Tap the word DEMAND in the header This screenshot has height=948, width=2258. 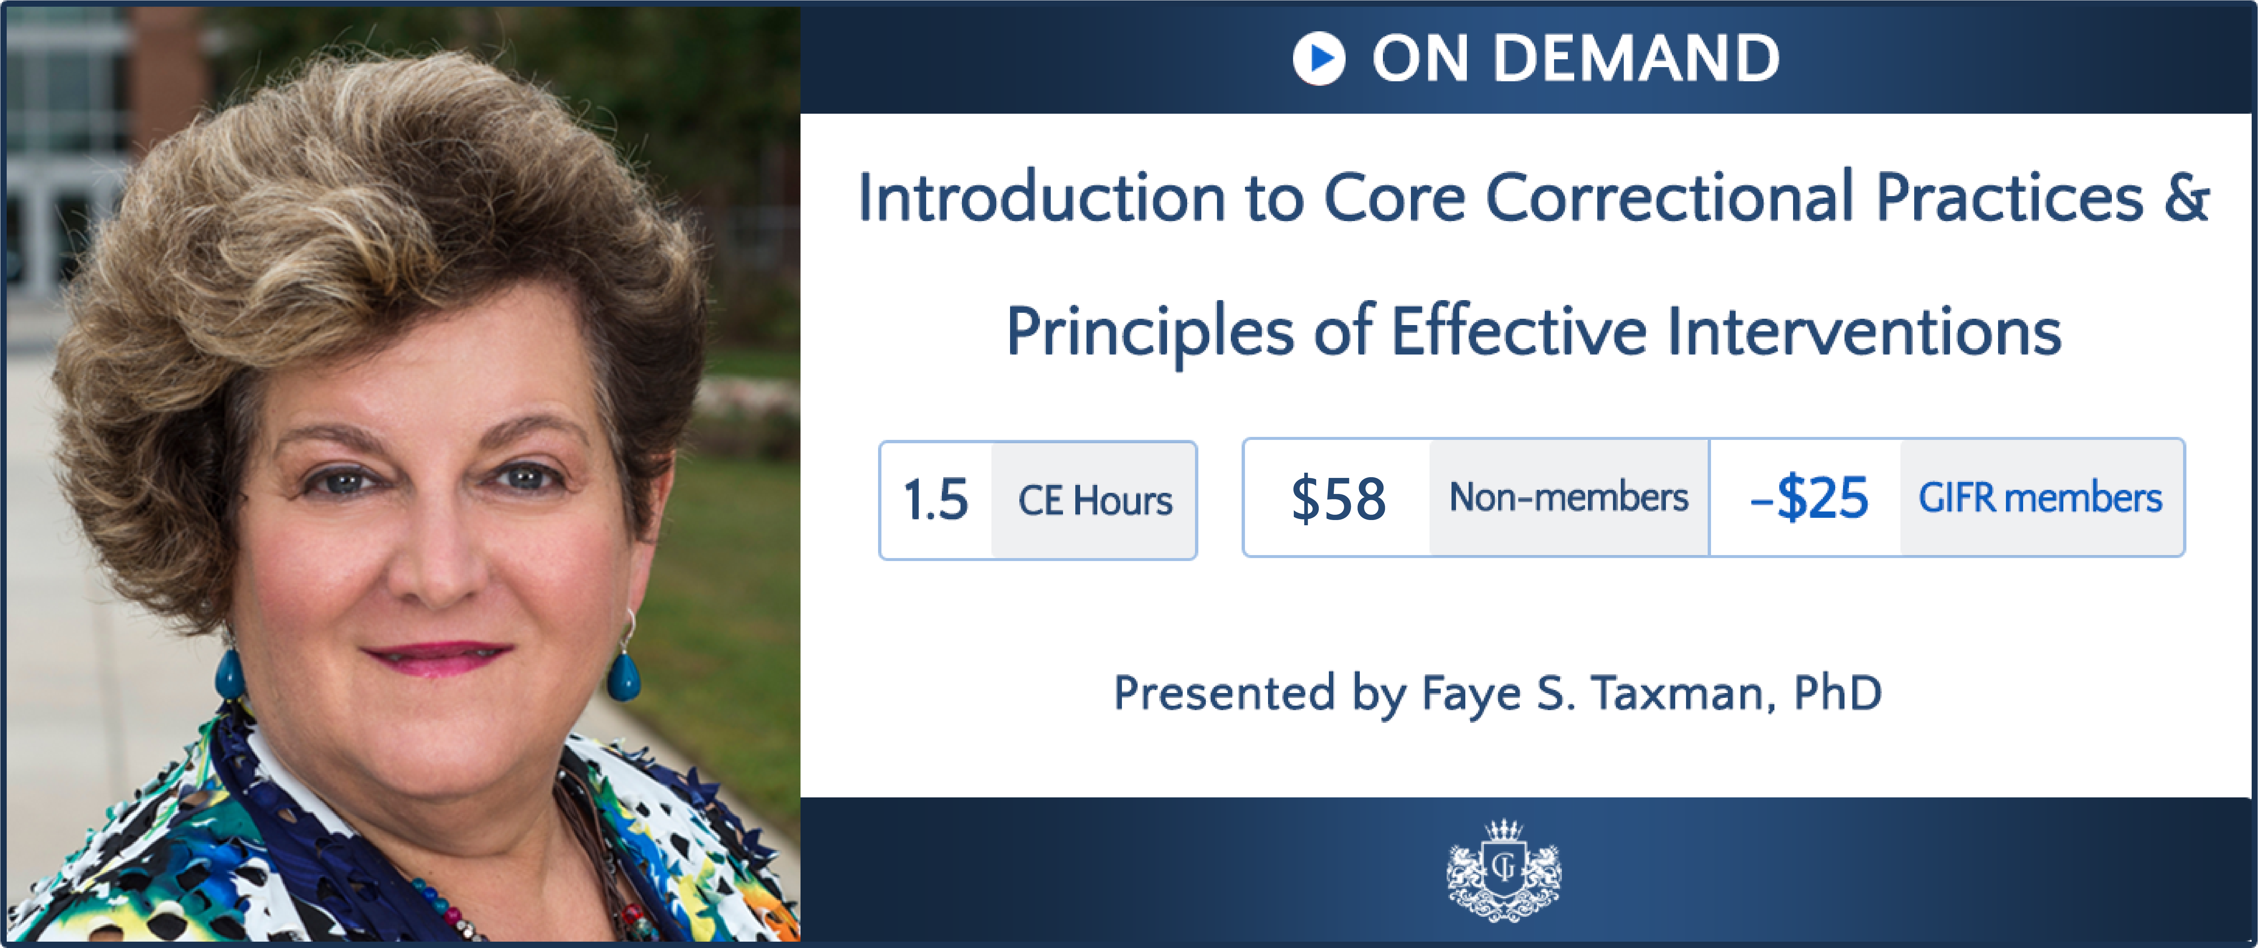click(x=1636, y=59)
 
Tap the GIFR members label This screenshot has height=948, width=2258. click(x=2040, y=498)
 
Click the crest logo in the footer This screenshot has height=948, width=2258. click(x=1503, y=870)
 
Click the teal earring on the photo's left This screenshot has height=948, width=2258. click(x=230, y=675)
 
